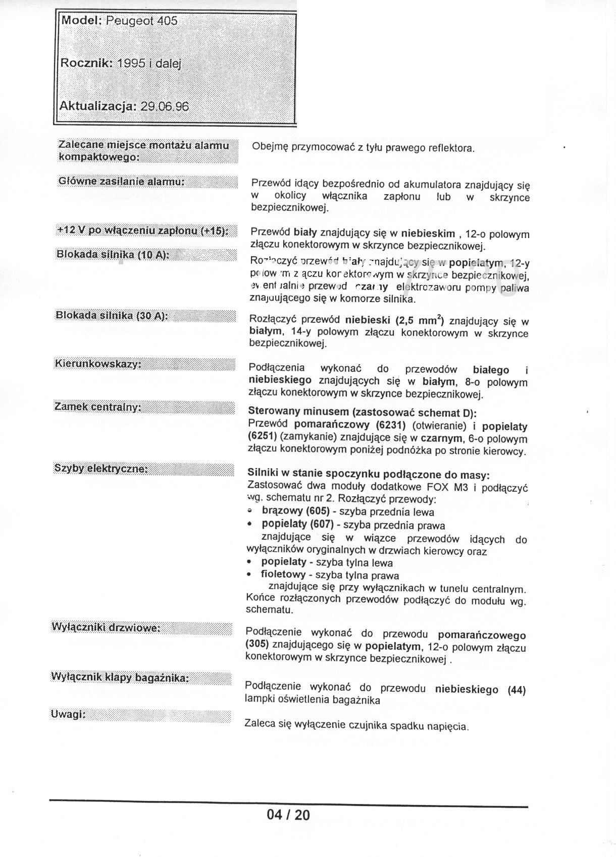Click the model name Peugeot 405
[141, 21]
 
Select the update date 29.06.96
[165, 106]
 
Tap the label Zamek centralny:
[97, 407]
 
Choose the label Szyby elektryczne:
[100, 469]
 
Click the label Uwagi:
[68, 714]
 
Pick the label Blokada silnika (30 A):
[112, 316]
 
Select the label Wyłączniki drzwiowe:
[106, 627]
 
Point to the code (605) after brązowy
[320, 511]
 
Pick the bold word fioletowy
[283, 575]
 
